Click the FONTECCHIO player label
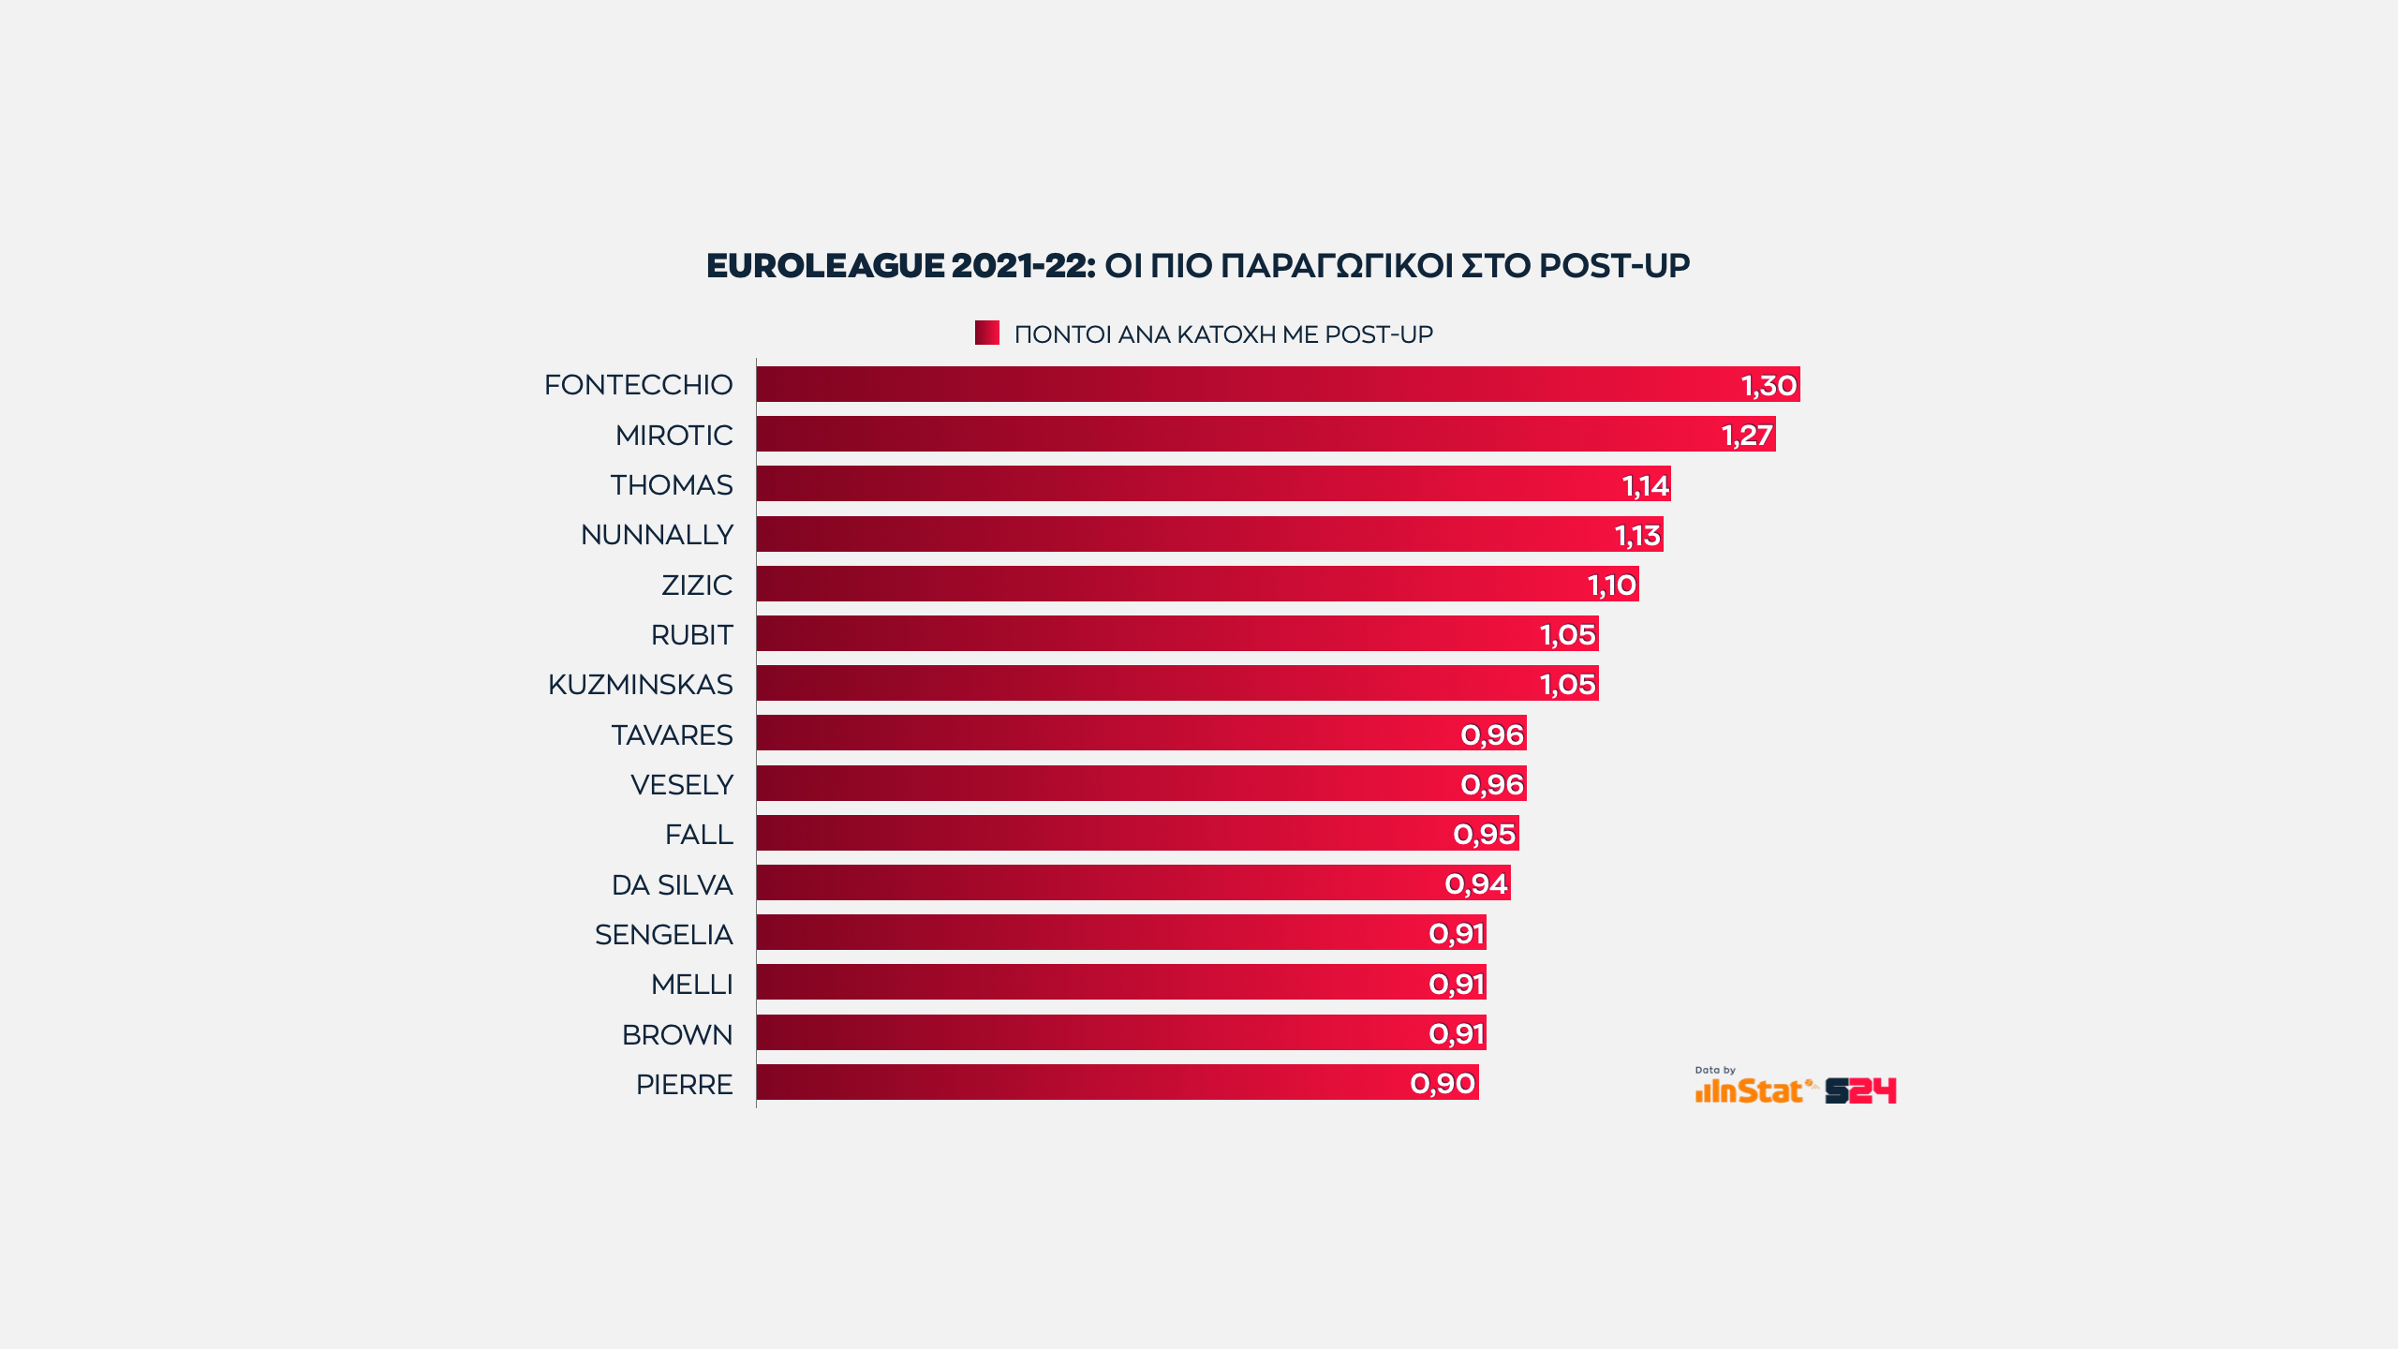click(x=638, y=385)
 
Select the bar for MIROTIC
click(x=1265, y=435)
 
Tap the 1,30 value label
click(x=1769, y=385)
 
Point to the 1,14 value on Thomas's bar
click(x=1645, y=485)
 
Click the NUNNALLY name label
click(x=657, y=535)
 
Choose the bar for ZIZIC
click(x=1197, y=585)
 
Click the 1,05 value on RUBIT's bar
click(x=1567, y=635)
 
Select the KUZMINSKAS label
click(x=640, y=685)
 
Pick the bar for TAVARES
click(x=1141, y=734)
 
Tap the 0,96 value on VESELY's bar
click(x=1492, y=784)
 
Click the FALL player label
click(x=699, y=835)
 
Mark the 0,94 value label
click(x=1476, y=883)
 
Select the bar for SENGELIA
click(x=1120, y=934)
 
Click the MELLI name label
click(x=691, y=985)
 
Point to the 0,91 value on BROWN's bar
click(x=1457, y=1033)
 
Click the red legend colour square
click(x=986, y=334)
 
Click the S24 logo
click(x=1860, y=1090)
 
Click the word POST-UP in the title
click(x=1614, y=266)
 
